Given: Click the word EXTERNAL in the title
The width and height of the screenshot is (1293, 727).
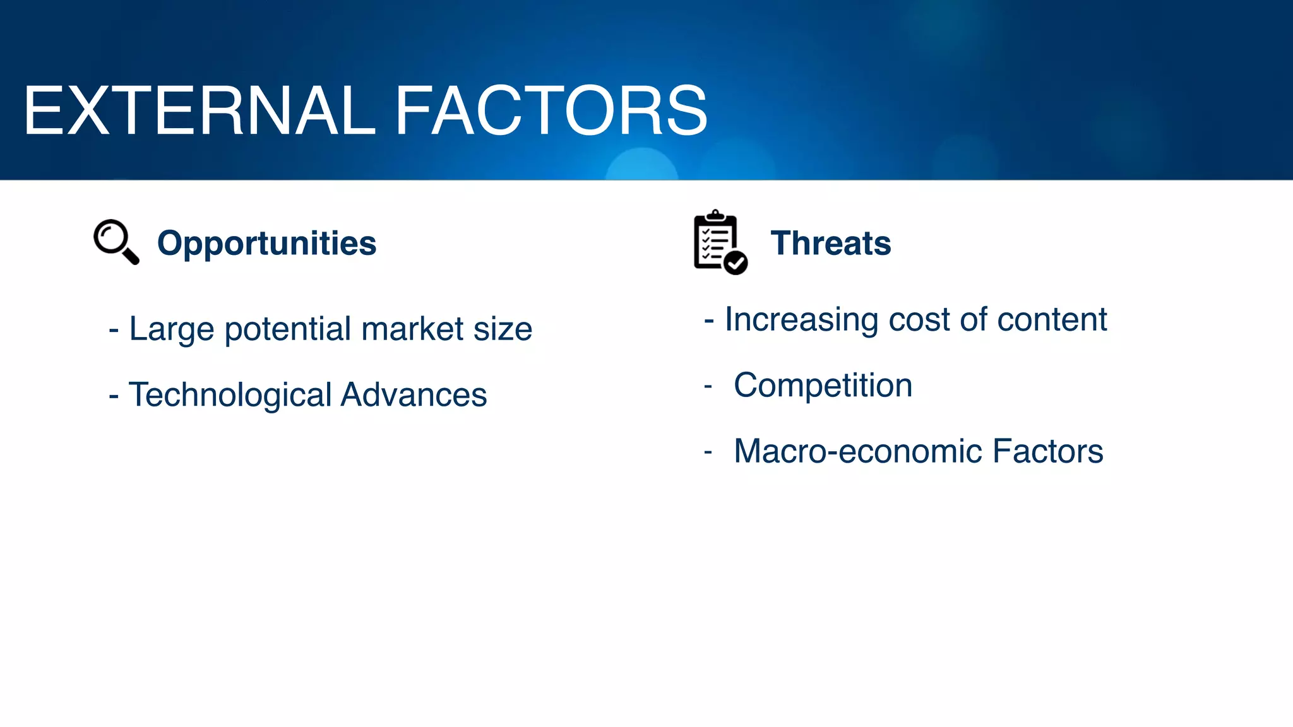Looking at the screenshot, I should click(x=199, y=112).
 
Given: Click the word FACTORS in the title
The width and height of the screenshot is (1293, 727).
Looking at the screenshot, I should click(x=551, y=112).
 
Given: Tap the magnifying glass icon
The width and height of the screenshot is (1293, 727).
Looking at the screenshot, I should click(x=116, y=241).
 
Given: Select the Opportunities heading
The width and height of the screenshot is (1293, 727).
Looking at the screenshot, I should click(x=266, y=244).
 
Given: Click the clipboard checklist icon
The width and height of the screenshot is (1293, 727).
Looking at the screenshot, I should click(x=717, y=242).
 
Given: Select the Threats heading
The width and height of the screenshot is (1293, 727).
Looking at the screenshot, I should click(x=830, y=244).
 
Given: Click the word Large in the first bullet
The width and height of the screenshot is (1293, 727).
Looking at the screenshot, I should click(x=172, y=329).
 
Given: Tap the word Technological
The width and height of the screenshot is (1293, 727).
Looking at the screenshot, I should click(x=230, y=396).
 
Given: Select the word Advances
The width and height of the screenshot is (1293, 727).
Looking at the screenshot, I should click(x=414, y=395).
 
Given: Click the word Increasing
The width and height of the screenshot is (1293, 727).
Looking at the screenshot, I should click(x=801, y=320).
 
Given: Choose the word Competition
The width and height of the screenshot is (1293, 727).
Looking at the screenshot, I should click(x=823, y=386).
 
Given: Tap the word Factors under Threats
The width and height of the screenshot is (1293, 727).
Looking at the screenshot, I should click(x=1047, y=452).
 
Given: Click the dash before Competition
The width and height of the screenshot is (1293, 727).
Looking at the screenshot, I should click(x=708, y=386).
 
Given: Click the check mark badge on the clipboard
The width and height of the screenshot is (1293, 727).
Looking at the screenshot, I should click(x=736, y=262).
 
